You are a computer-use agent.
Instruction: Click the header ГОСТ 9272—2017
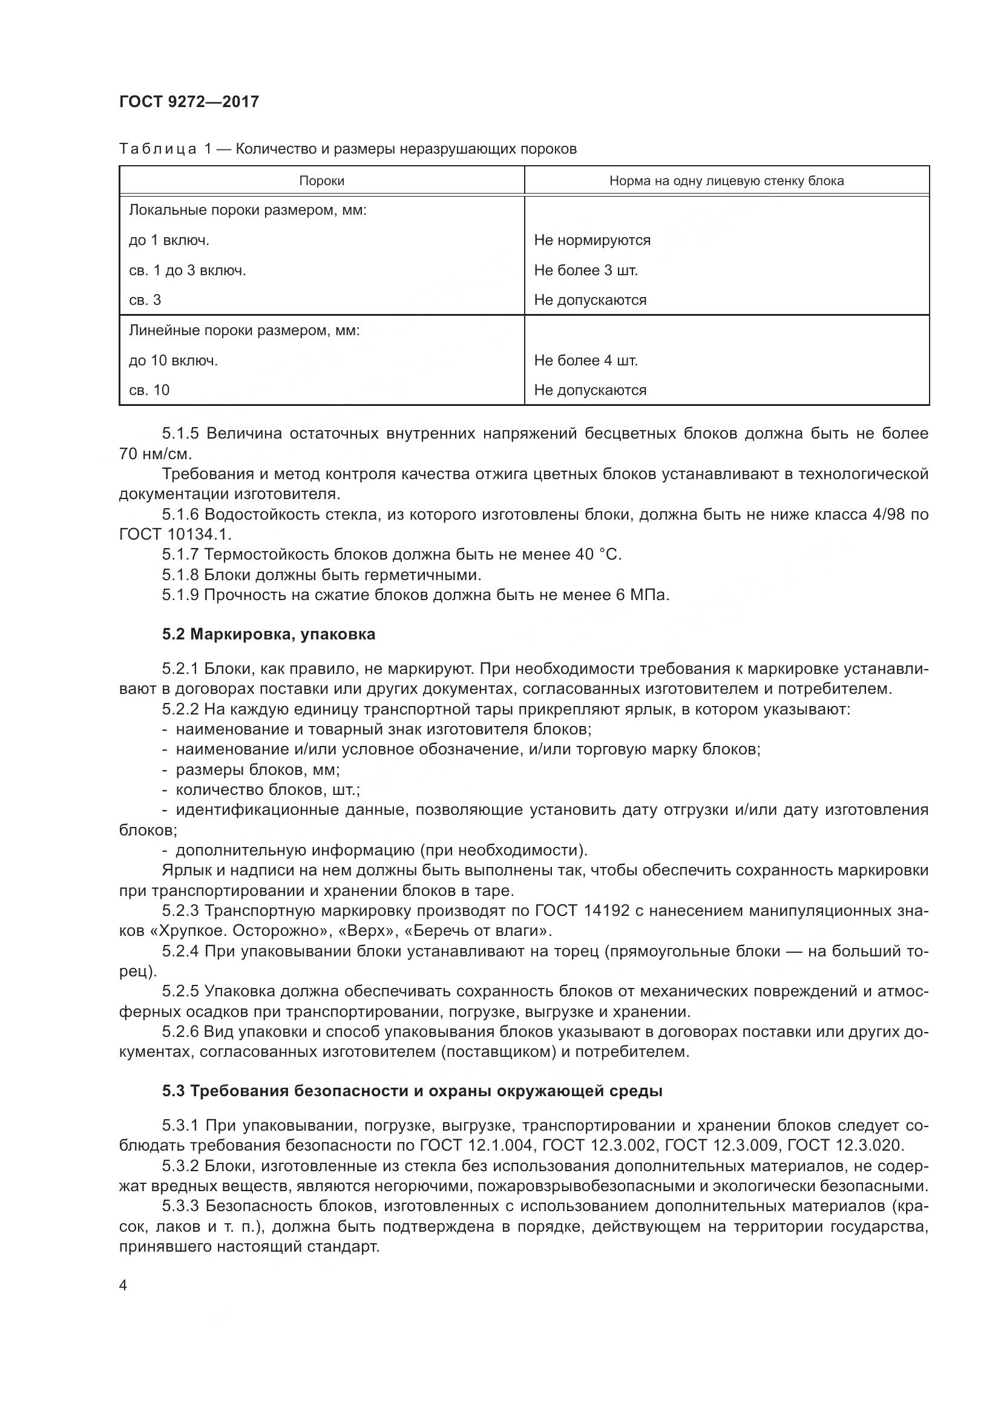coord(189,102)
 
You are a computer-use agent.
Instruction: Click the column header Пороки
coord(321,181)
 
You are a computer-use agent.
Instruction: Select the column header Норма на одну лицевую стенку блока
coord(726,181)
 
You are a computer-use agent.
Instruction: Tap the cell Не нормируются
coord(592,240)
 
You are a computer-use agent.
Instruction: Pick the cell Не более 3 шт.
coord(586,270)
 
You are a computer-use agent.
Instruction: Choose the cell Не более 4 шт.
coord(586,361)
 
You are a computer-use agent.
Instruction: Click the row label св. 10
coord(149,390)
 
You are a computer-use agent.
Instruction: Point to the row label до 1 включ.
coord(169,240)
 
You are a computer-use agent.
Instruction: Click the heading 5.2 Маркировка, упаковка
coord(269,634)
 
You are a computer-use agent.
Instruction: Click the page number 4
coord(123,1286)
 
